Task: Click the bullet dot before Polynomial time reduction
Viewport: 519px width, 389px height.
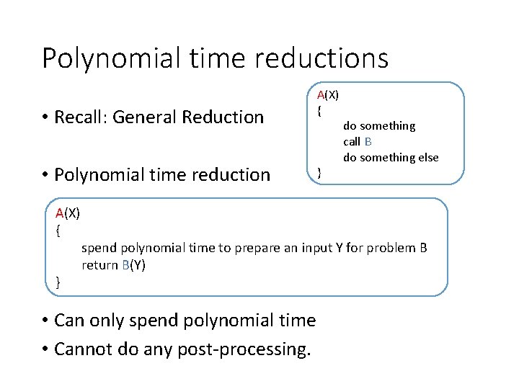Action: [x=45, y=175]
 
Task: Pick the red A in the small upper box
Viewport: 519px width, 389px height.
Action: [x=321, y=94]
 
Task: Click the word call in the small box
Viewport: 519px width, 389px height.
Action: [x=352, y=141]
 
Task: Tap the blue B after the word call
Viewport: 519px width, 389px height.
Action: [x=368, y=141]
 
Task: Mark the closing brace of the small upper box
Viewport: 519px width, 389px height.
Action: [x=319, y=172]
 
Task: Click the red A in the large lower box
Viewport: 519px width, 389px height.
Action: [x=60, y=213]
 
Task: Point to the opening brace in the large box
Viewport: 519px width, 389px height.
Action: [x=58, y=231]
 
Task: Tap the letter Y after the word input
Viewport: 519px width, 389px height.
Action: [x=339, y=248]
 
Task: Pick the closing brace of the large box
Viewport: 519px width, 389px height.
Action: [x=58, y=282]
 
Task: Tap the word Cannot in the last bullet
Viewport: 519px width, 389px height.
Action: [x=81, y=349]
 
